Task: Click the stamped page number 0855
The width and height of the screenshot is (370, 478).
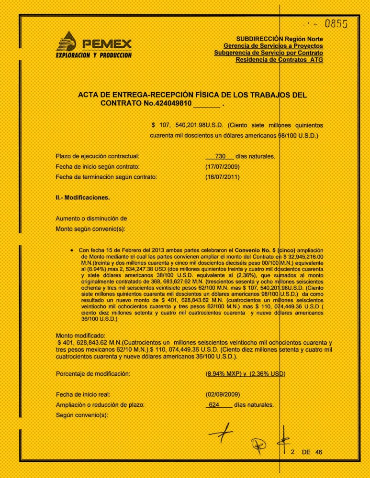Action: click(x=336, y=23)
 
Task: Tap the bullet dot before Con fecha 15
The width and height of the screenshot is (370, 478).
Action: click(x=71, y=250)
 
